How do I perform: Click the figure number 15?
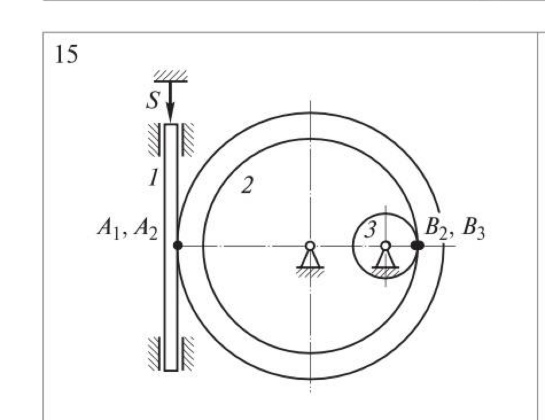(67, 55)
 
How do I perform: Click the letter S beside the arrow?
(153, 100)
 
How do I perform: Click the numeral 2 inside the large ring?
(247, 184)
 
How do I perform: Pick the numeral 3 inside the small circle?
(371, 230)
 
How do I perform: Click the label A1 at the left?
(108, 229)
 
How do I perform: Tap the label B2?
(436, 229)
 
